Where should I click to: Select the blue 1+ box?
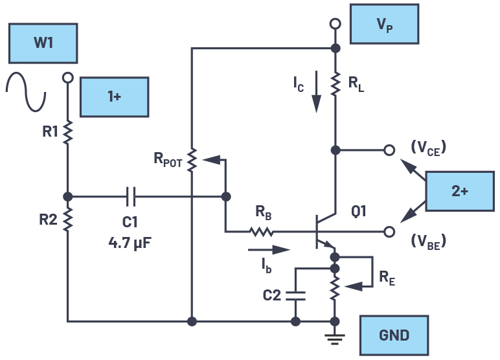click(114, 96)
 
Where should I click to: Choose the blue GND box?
click(394, 335)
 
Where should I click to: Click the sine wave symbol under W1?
click(27, 91)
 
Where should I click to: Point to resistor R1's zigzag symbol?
click(67, 132)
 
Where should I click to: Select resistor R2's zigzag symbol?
click(67, 220)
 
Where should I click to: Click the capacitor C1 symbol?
click(130, 196)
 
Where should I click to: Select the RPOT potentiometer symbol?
click(192, 162)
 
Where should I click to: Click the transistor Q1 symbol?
click(324, 231)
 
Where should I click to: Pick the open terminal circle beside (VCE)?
click(389, 150)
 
